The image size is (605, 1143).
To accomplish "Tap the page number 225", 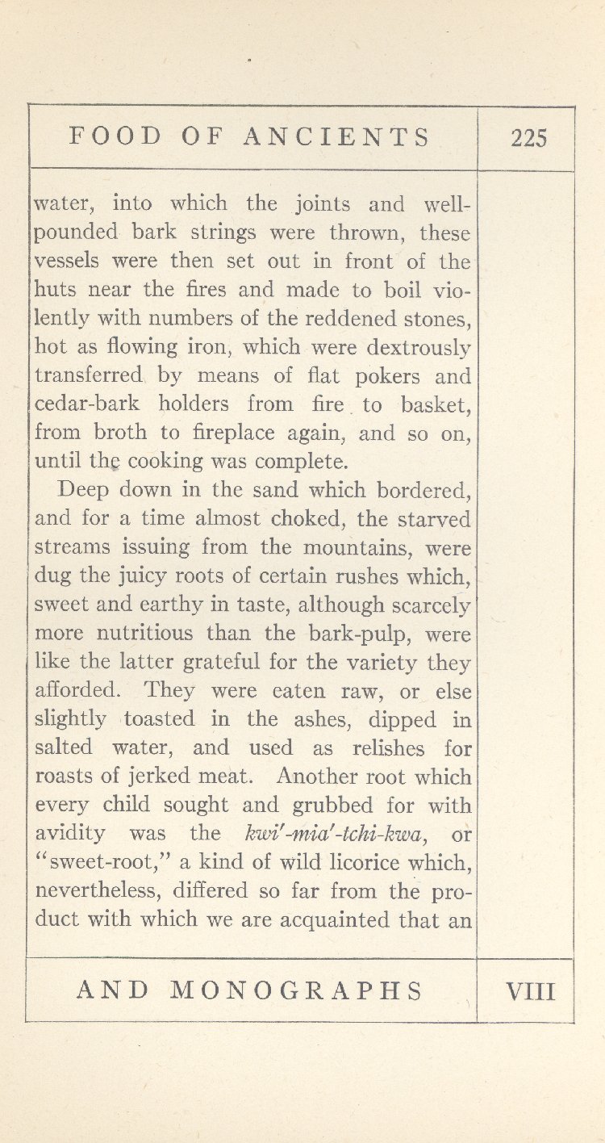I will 528,138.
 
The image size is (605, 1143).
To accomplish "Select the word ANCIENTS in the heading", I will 338,136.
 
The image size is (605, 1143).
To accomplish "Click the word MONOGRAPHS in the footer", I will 297,990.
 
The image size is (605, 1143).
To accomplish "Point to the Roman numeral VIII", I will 530,990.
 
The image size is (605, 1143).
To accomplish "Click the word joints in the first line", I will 319,204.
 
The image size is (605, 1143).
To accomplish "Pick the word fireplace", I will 240,433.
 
